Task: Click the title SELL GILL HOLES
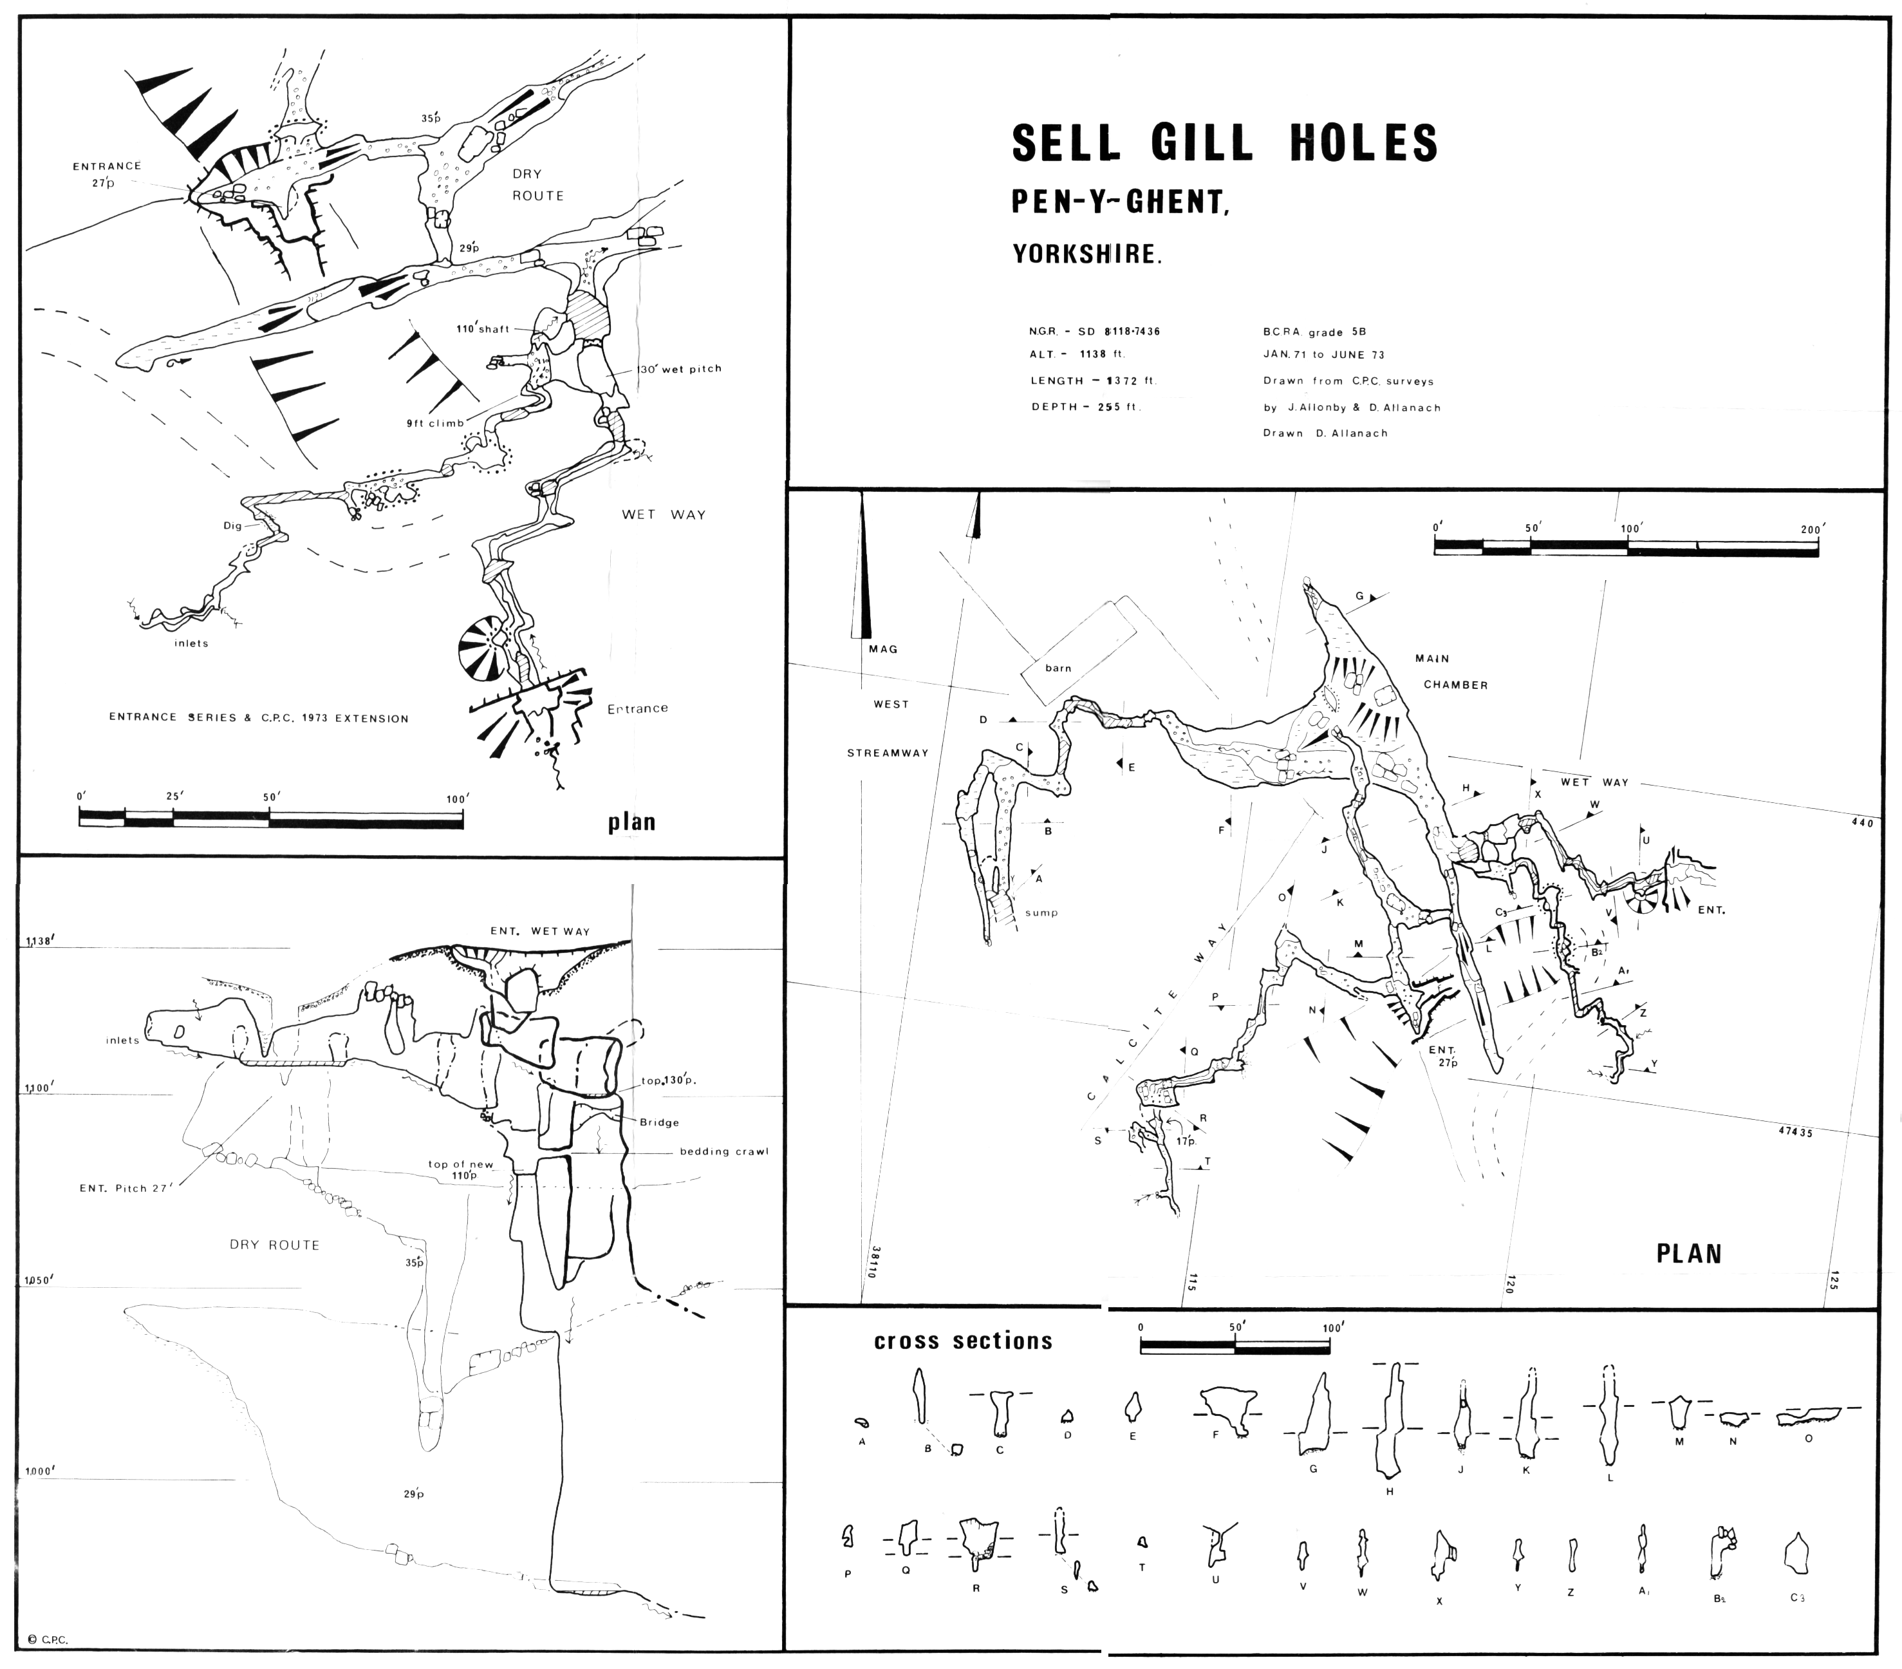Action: pyautogui.click(x=1225, y=142)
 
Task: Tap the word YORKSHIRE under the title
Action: pyautogui.click(x=1086, y=254)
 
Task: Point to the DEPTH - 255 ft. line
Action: pyautogui.click(x=1085, y=407)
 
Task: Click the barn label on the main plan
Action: pyautogui.click(x=1058, y=668)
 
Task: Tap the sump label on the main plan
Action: pyautogui.click(x=1041, y=912)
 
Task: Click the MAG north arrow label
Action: pyautogui.click(x=883, y=649)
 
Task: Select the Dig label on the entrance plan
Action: pyautogui.click(x=232, y=526)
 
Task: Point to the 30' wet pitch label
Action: pyautogui.click(x=680, y=368)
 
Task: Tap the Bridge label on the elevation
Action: pyautogui.click(x=659, y=1122)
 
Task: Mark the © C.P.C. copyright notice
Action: pyautogui.click(x=48, y=1640)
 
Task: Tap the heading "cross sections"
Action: pyautogui.click(x=963, y=1341)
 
